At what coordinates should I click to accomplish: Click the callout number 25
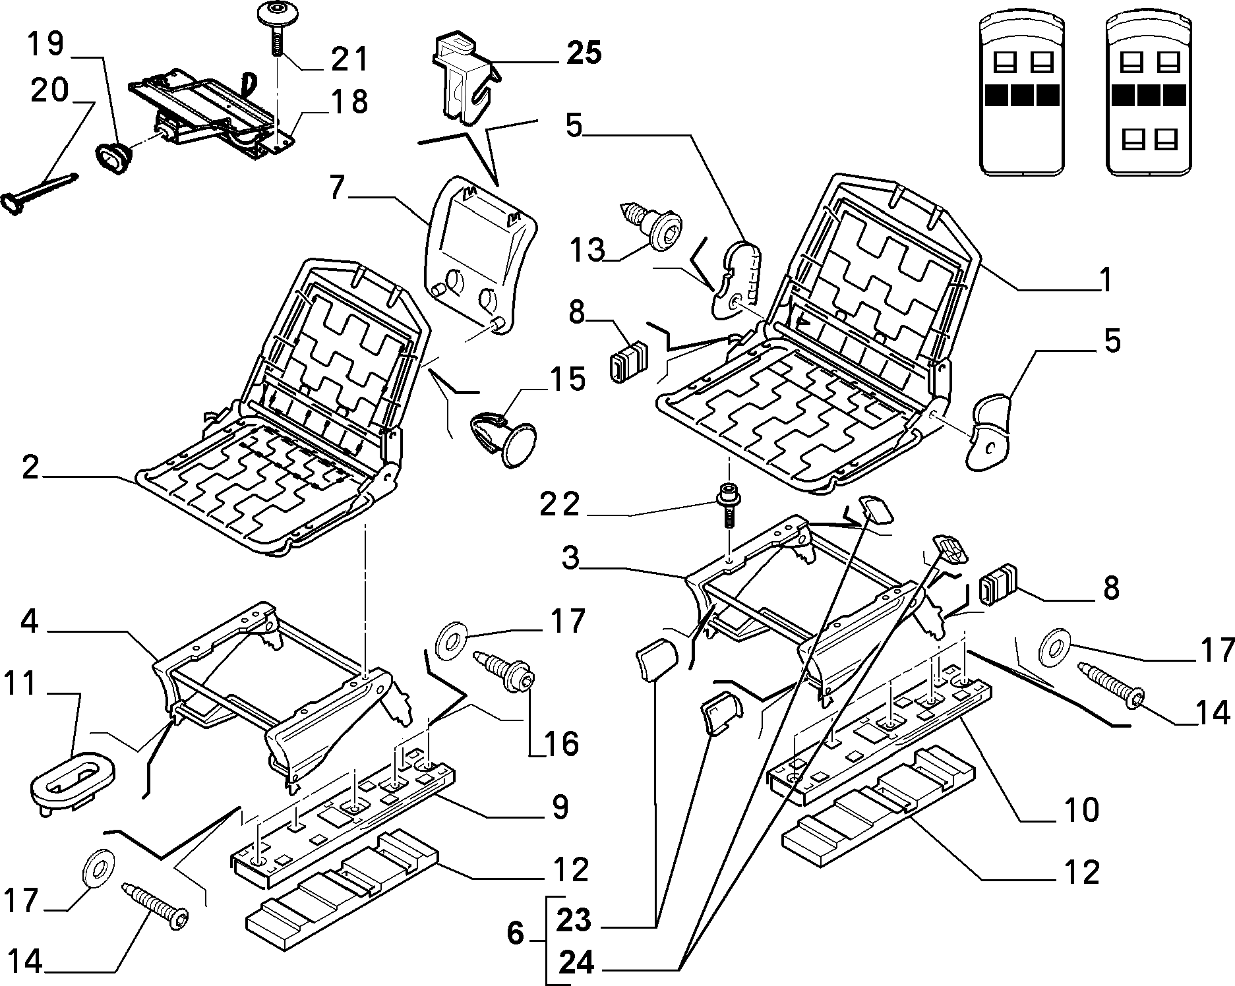(584, 53)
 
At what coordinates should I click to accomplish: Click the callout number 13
(587, 250)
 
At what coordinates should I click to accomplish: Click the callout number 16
(562, 743)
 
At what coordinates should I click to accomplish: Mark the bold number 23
(574, 920)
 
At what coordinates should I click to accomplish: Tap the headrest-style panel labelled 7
(485, 254)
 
